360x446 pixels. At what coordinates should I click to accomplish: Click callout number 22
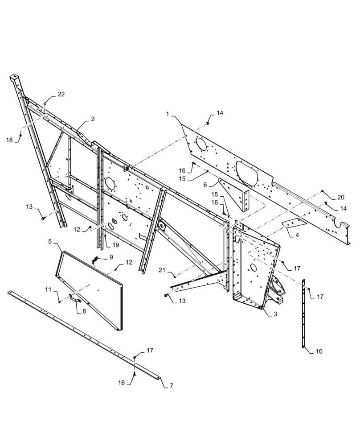coord(61,94)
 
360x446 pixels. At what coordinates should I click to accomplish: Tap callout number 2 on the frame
coord(92,119)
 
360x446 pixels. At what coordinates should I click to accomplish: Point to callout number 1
coord(167,115)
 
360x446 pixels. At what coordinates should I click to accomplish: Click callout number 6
coord(205,184)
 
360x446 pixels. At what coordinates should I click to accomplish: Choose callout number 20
coord(341,198)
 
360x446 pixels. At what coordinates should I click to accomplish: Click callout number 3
coord(275,314)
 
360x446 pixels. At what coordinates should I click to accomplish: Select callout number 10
coord(319,351)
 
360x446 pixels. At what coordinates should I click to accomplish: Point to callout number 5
coord(50,242)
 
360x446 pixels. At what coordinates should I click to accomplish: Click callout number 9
coord(111,257)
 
